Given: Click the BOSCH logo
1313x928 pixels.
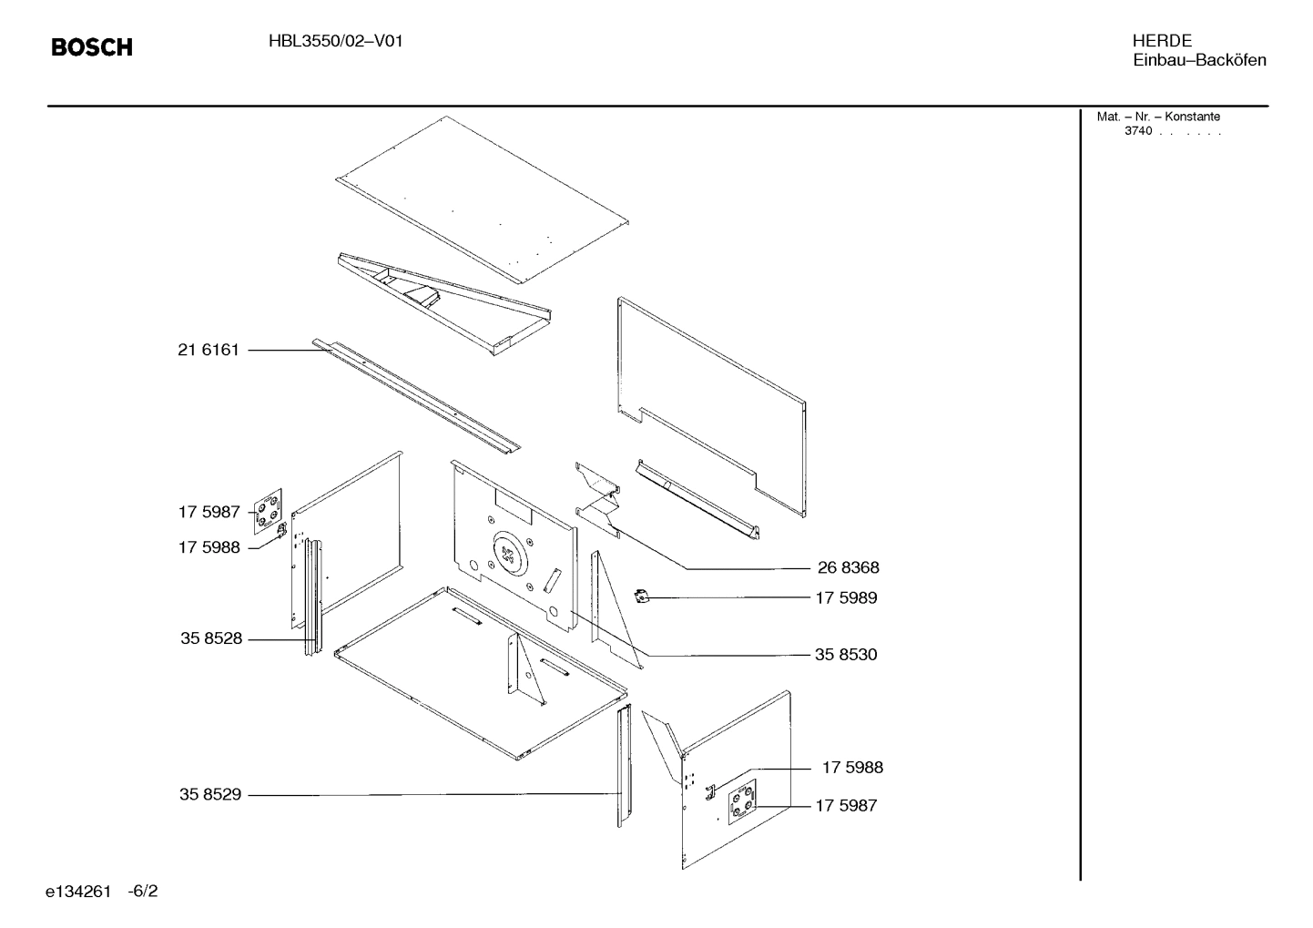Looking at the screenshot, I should point(92,47).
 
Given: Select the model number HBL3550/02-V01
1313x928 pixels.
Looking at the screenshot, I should point(335,41).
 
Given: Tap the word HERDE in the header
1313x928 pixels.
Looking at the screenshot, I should point(1162,41).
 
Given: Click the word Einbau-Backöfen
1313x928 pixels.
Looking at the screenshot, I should point(1199,61).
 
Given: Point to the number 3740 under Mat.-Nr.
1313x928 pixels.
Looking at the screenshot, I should point(1137,131).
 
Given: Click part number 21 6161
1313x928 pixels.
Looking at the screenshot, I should point(209,350).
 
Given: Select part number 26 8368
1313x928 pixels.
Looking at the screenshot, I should point(848,568).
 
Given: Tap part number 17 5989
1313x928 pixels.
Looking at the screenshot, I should point(846,598).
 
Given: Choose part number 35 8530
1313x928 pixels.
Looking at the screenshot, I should point(846,655).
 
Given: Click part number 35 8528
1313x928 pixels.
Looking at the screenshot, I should point(211,639).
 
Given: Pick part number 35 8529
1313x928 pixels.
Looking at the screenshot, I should point(210,795).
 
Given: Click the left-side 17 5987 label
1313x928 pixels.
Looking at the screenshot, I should point(209,513).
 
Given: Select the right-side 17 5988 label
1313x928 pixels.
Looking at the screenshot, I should point(852,768).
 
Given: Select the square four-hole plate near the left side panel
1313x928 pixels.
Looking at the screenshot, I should point(267,508).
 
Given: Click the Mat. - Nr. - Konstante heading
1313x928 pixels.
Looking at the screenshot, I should point(1158,117).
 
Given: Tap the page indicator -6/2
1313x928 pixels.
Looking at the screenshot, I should point(143,892).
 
